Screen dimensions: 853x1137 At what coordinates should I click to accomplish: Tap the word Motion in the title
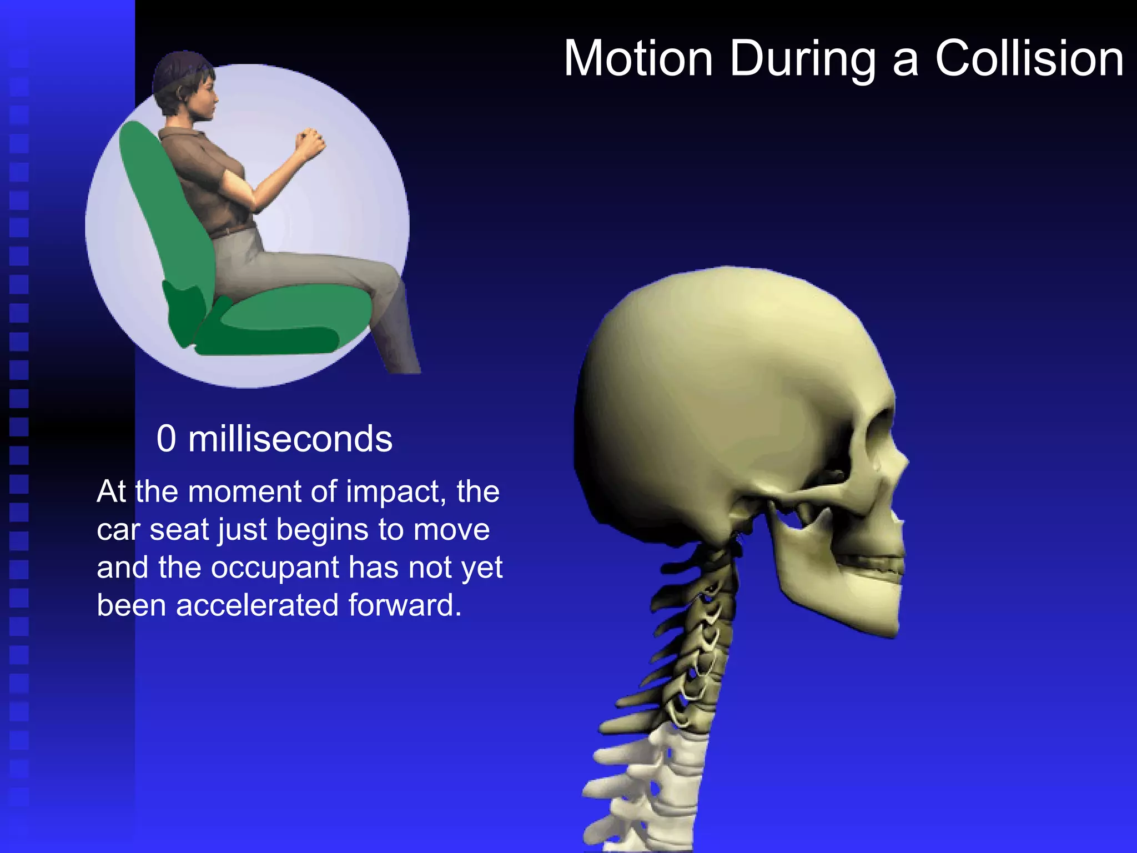(x=638, y=59)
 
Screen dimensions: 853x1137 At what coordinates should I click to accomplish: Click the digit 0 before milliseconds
(x=166, y=439)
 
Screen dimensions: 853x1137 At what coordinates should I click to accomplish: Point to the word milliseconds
(x=290, y=439)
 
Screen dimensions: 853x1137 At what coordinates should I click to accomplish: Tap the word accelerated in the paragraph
(x=256, y=605)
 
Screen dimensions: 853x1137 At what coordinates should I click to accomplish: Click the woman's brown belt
(x=233, y=230)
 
